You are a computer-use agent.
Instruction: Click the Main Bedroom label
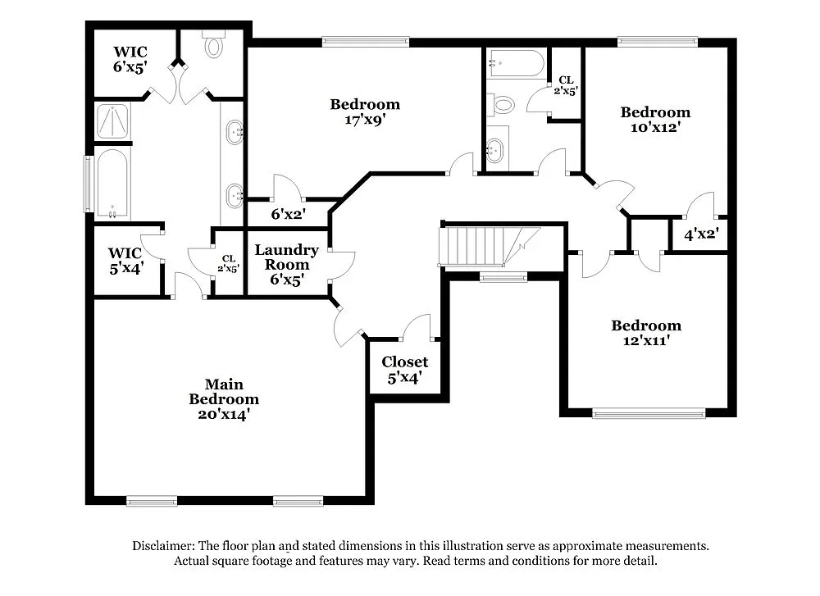[224, 392]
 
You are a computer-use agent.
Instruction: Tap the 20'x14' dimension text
[224, 415]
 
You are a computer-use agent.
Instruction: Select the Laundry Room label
[286, 257]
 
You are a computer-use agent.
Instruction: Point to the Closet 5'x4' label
[404, 370]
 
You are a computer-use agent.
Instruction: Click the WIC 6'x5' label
[130, 60]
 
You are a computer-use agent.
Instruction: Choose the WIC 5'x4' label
[125, 260]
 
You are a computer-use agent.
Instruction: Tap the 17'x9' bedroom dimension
[365, 119]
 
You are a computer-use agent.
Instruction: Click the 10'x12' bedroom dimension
[654, 127]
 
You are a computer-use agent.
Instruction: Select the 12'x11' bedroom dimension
[646, 340]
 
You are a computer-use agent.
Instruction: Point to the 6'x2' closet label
[288, 214]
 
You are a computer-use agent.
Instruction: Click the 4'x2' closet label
[701, 234]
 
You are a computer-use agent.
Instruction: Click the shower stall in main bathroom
[113, 121]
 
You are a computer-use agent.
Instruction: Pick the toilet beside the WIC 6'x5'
[214, 46]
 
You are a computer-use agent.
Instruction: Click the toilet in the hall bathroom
[502, 105]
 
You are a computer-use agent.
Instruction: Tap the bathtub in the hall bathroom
[516, 63]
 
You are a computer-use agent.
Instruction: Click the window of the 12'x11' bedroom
[649, 413]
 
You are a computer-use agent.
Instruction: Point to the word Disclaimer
[162, 545]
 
